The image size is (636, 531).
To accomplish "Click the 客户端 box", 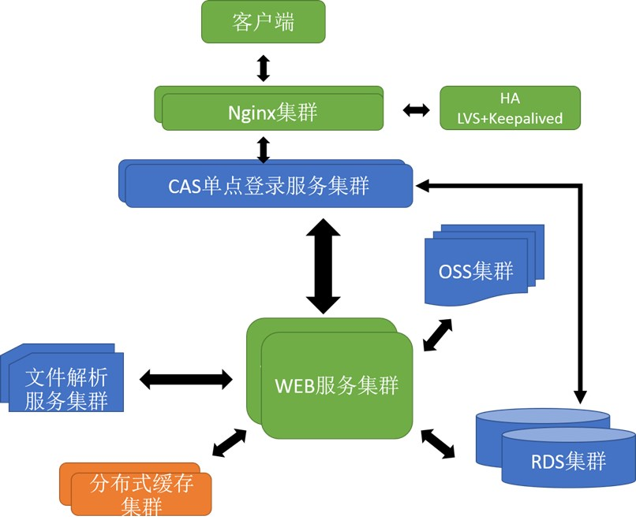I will click(263, 21).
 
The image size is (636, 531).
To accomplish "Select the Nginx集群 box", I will click(272, 111).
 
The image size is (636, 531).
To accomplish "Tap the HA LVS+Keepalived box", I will click(510, 108).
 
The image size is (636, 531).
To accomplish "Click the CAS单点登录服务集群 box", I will click(268, 186).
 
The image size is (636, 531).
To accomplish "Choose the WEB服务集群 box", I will click(336, 384).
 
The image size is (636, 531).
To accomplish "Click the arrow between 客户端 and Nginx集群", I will click(264, 67).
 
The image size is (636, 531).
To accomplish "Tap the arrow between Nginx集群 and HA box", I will click(416, 110).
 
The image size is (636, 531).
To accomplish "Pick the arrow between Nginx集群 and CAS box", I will click(264, 149).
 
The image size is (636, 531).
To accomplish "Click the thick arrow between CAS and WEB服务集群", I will click(324, 266).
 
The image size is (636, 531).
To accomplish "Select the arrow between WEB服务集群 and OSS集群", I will click(438, 335).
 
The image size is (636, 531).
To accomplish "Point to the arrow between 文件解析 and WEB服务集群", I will click(186, 380).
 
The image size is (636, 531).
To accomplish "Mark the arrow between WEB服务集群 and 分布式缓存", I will click(230, 442).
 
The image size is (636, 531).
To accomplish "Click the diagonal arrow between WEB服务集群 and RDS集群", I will click(438, 444).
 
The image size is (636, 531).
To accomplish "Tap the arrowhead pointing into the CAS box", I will click(422, 186).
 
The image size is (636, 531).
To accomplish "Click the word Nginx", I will click(251, 113).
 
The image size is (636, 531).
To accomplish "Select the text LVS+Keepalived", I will click(510, 119).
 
